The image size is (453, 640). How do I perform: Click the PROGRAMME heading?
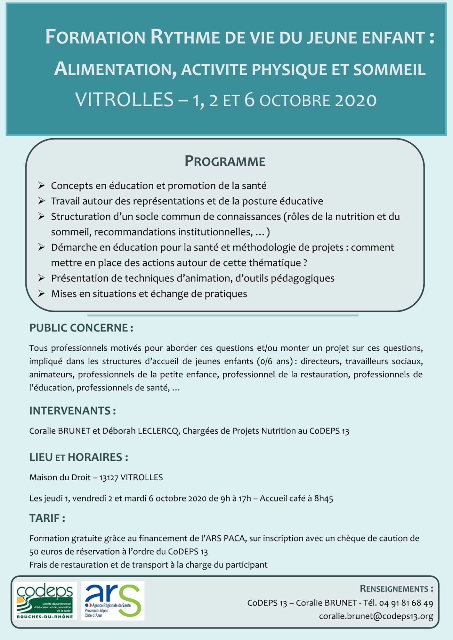pyautogui.click(x=225, y=161)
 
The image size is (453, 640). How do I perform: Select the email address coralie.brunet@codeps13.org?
pyautogui.click(x=376, y=616)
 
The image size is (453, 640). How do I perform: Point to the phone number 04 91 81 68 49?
pyautogui.click(x=406, y=603)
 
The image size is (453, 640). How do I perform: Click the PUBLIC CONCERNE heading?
pyautogui.click(x=81, y=328)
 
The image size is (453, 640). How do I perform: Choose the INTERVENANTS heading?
pyautogui.click(x=72, y=411)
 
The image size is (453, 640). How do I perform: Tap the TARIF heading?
pyautogui.click(x=47, y=518)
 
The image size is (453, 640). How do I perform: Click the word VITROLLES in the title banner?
pyautogui.click(x=125, y=100)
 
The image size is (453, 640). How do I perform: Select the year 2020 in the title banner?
pyautogui.click(x=356, y=100)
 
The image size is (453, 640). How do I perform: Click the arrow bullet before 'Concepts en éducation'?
pyautogui.click(x=41, y=185)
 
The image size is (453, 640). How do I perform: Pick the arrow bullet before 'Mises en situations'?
pyautogui.click(x=41, y=293)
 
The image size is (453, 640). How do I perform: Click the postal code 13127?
pyautogui.click(x=109, y=477)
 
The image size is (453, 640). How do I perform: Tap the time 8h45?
pyautogui.click(x=324, y=498)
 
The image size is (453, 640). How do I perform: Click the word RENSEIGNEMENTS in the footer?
pyautogui.click(x=394, y=588)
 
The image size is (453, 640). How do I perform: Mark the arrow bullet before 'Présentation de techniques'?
pyautogui.click(x=41, y=278)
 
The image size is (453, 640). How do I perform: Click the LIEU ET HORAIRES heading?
pyautogui.click(x=78, y=457)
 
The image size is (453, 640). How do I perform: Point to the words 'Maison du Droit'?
pyautogui.click(x=60, y=477)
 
